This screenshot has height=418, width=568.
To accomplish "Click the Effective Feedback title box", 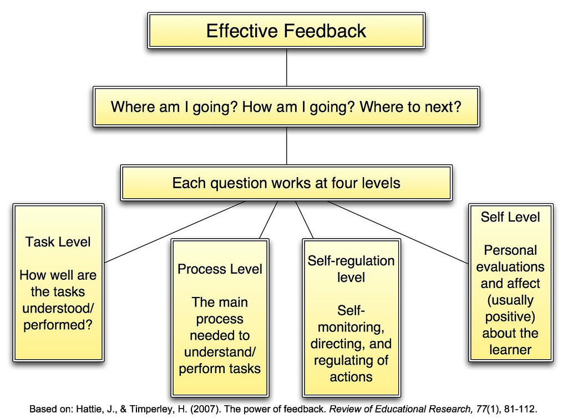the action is pyautogui.click(x=286, y=31).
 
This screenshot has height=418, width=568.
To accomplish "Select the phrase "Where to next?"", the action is pyautogui.click(x=410, y=107).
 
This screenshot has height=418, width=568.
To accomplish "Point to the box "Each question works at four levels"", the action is pyautogui.click(x=286, y=183).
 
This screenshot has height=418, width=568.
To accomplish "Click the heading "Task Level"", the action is pyautogui.click(x=58, y=242).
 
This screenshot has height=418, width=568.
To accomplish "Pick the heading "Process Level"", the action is pyautogui.click(x=220, y=269).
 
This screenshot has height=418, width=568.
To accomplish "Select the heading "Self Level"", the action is pyautogui.click(x=510, y=217).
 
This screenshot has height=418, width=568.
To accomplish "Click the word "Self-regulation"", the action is pyautogui.click(x=351, y=261).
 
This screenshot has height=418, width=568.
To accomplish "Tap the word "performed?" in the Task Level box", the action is pyautogui.click(x=58, y=325).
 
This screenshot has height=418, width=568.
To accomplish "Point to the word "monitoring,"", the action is pyautogui.click(x=351, y=328).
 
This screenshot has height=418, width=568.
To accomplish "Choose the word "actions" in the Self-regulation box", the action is pyautogui.click(x=351, y=377).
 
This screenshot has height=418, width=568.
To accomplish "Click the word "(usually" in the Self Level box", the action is pyautogui.click(x=510, y=300).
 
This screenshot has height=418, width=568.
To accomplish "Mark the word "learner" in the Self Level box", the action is pyautogui.click(x=510, y=350).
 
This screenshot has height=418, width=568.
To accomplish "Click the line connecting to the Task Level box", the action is pyautogui.click(x=175, y=232).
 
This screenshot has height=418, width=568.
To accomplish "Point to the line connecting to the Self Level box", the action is pyautogui.click(x=398, y=233).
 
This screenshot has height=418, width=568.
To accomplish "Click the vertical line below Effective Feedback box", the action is pyautogui.click(x=287, y=67).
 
